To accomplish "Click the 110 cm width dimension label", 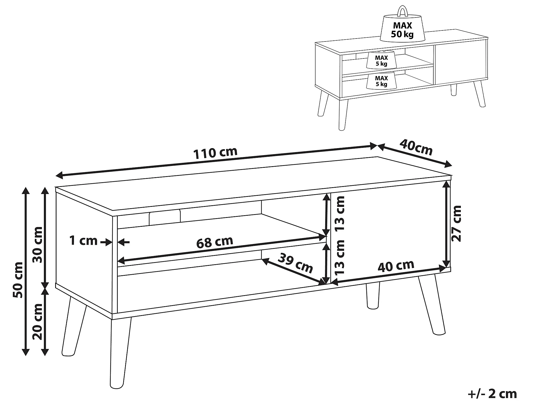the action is click(215, 152).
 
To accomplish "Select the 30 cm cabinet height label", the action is click(37, 245).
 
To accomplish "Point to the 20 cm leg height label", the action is click(37, 322).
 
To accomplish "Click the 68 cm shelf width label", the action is click(215, 242).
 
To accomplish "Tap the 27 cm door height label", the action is click(456, 224).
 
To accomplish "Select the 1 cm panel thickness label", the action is click(83, 240).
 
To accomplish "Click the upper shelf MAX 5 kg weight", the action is click(381, 60).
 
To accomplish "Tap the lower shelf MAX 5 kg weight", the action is click(381, 80).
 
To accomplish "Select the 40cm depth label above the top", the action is click(416, 148).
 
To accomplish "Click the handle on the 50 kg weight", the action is click(402, 11).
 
